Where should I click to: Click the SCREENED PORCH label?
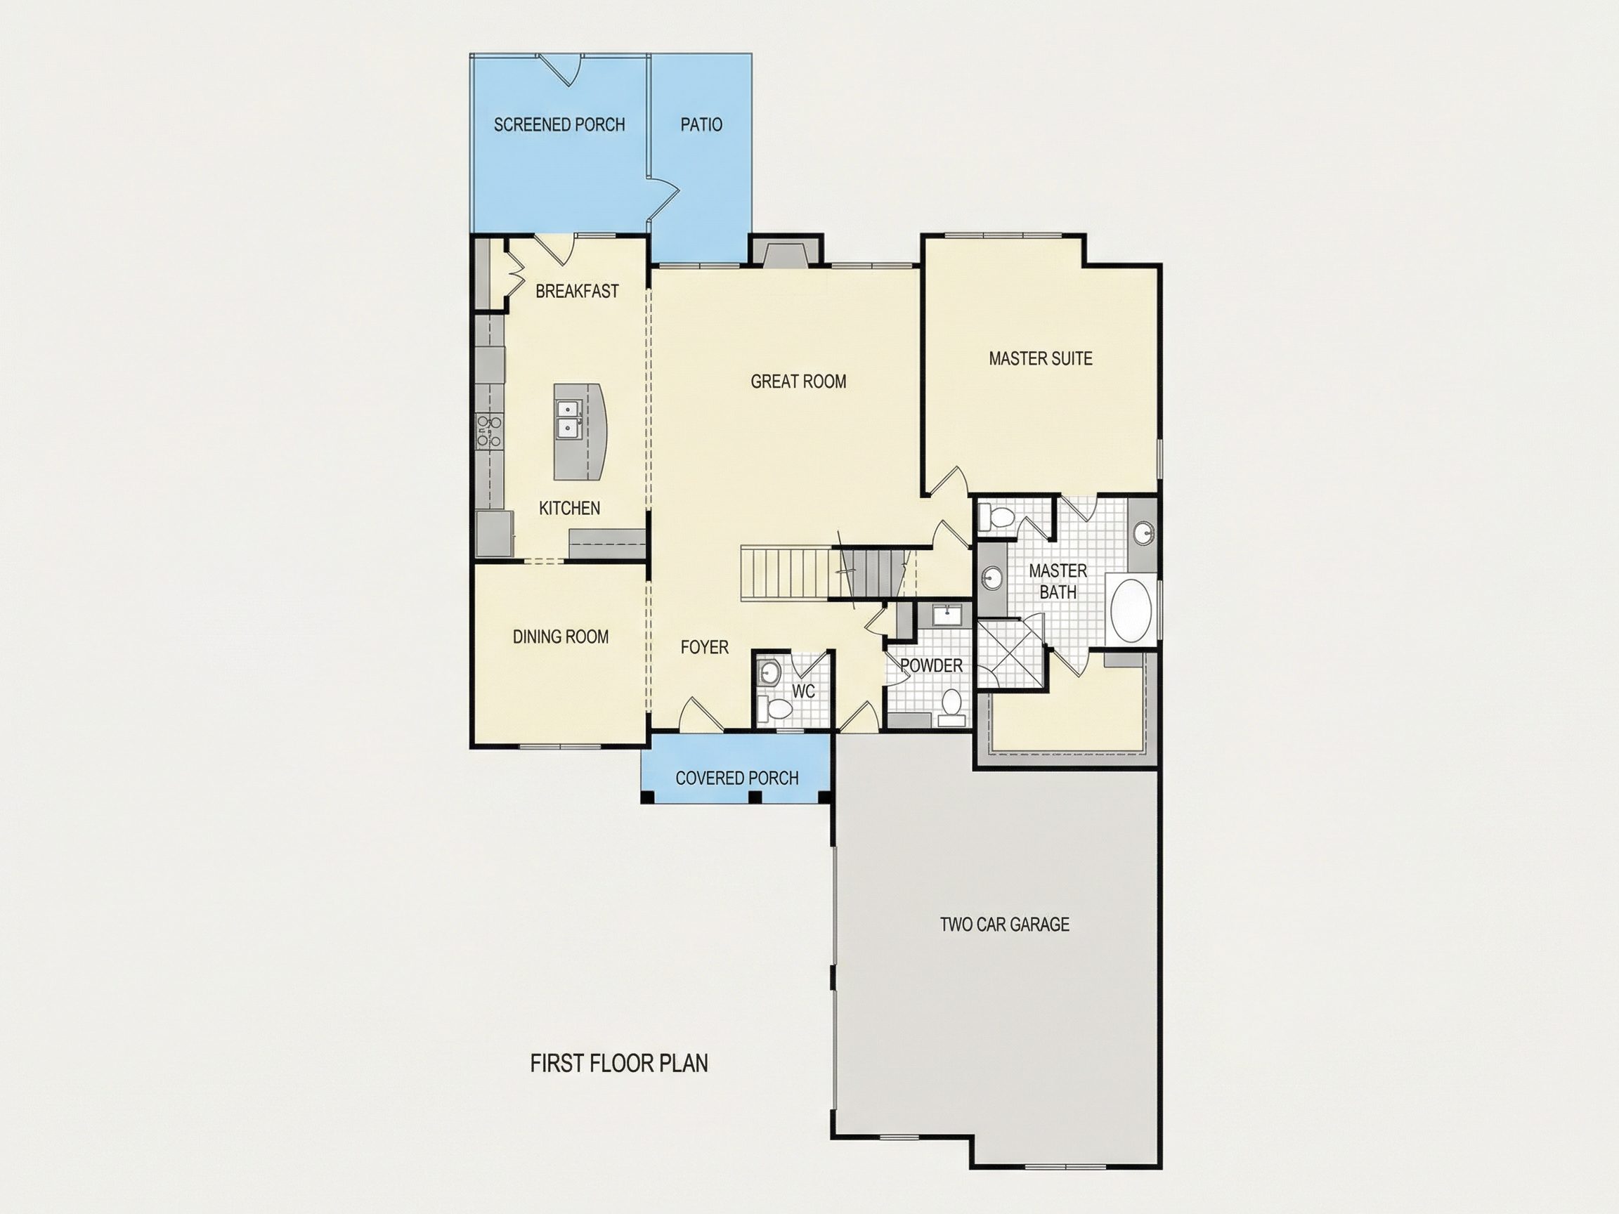click(559, 124)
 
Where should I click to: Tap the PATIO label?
click(701, 124)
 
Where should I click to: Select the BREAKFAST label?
click(577, 292)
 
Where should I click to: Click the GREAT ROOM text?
click(798, 381)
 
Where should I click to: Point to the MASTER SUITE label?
click(1040, 358)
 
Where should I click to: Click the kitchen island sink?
click(567, 419)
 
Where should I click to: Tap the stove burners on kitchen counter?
click(488, 431)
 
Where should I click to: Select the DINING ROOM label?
click(561, 637)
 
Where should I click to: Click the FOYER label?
click(704, 647)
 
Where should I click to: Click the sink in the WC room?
click(768, 671)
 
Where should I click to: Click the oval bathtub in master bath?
click(1131, 611)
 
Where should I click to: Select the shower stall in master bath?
click(1010, 653)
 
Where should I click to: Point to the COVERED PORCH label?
click(737, 778)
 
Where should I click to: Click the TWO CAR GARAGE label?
click(1004, 925)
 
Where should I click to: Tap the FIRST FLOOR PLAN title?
click(619, 1063)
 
